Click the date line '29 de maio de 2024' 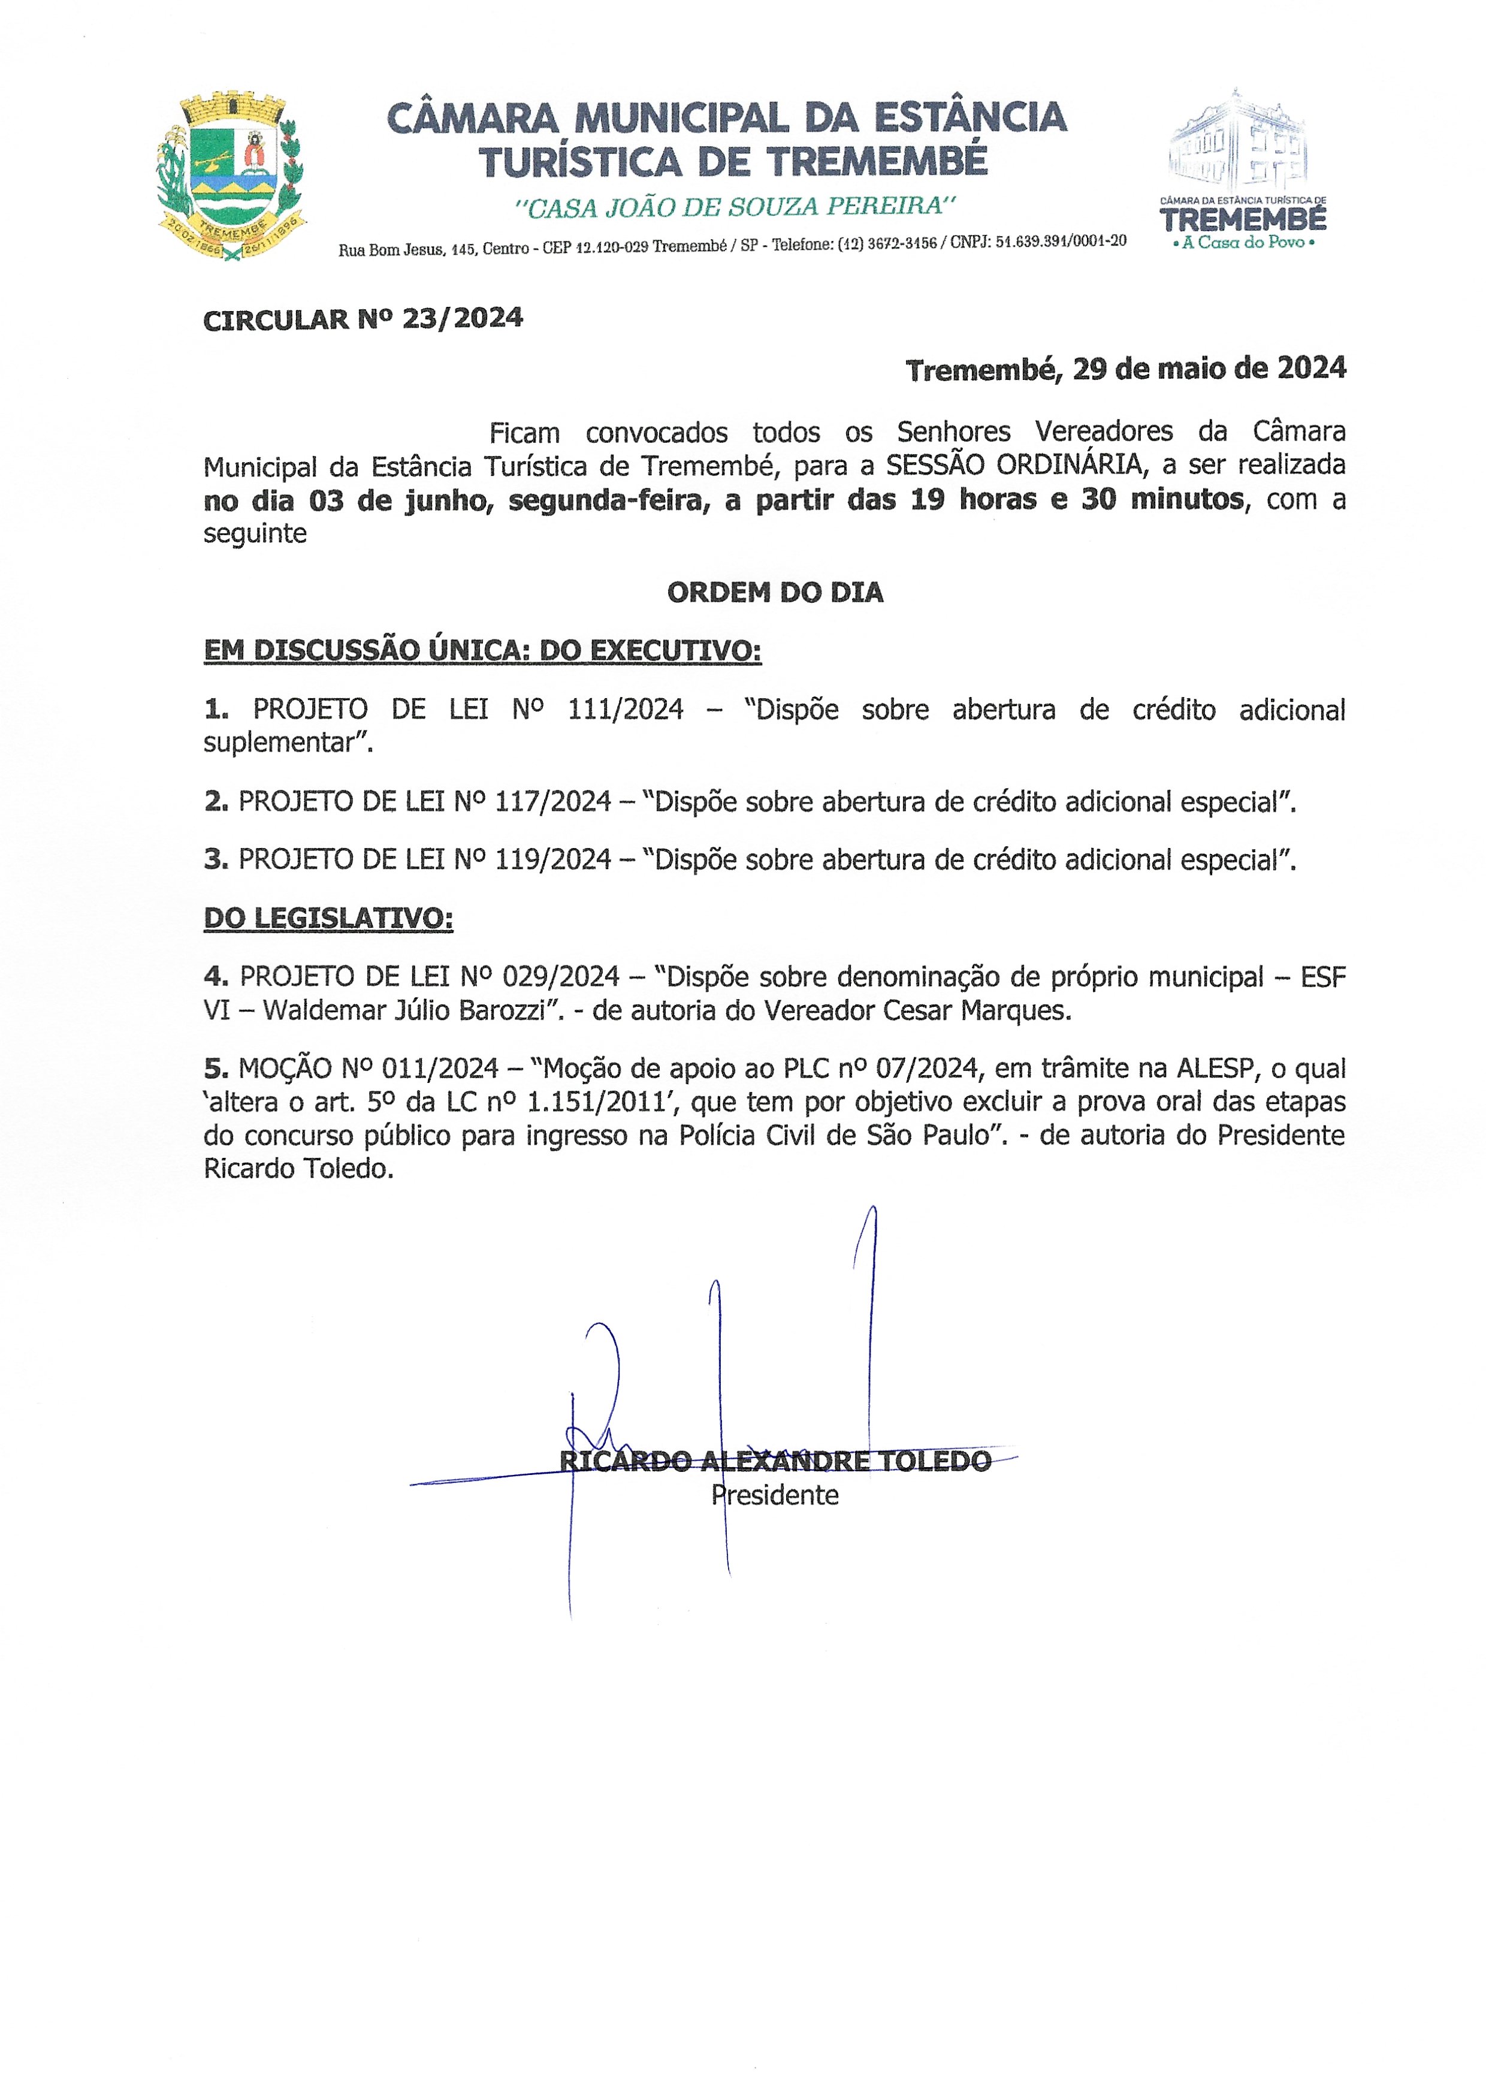[1209, 369]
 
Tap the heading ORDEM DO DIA [775, 593]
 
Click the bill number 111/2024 [625, 709]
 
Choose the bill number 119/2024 [552, 859]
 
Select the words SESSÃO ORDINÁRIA [1016, 465]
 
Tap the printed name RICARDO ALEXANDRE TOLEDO [775, 1461]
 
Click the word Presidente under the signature [775, 1495]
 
